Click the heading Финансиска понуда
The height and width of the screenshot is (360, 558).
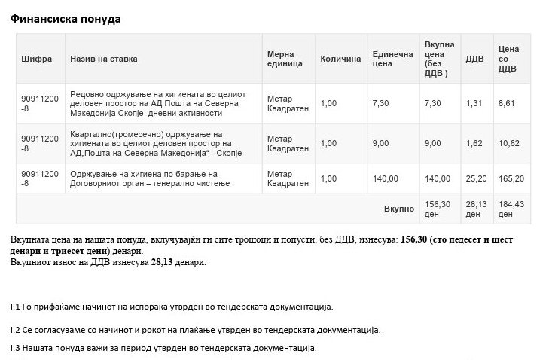pos(66,19)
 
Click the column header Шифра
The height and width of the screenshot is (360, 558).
pos(37,59)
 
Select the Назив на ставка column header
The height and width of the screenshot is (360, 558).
pos(104,59)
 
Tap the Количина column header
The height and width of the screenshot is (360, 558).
pos(340,59)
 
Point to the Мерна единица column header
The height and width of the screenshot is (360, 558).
pos(285,59)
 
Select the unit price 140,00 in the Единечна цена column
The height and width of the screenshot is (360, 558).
pos(385,178)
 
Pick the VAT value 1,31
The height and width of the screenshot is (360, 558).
pos(474,103)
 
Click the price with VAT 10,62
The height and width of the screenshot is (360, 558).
pos(509,143)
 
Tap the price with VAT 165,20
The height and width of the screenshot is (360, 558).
pos(511,178)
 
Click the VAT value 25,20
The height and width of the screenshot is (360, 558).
pos(476,178)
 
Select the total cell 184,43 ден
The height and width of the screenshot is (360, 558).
pos(511,209)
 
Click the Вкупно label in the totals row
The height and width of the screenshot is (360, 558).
pos(399,209)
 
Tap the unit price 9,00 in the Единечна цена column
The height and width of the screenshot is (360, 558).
pos(380,143)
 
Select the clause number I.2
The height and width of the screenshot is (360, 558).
pos(15,330)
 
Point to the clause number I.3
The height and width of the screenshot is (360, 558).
pos(15,348)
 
